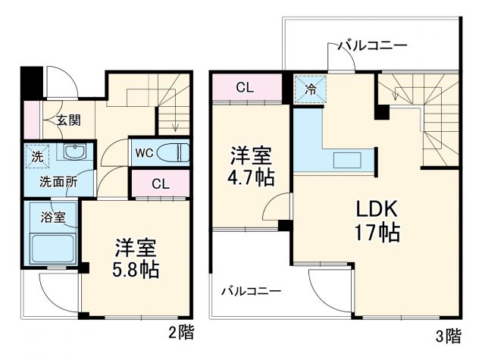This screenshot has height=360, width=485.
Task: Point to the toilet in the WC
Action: click(174, 152)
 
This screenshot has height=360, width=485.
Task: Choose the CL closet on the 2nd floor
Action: click(159, 183)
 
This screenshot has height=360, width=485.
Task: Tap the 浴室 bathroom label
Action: click(52, 218)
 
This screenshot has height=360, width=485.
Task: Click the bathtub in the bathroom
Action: click(52, 248)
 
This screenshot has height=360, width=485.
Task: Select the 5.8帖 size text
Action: click(136, 270)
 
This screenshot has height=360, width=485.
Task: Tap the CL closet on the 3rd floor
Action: click(244, 87)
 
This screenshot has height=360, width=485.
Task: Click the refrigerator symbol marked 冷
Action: click(311, 88)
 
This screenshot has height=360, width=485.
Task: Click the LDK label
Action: click(373, 208)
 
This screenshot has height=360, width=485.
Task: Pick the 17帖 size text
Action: click(373, 233)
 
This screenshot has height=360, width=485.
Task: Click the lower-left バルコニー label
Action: click(251, 290)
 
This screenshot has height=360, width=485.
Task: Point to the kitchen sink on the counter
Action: click(349, 160)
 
